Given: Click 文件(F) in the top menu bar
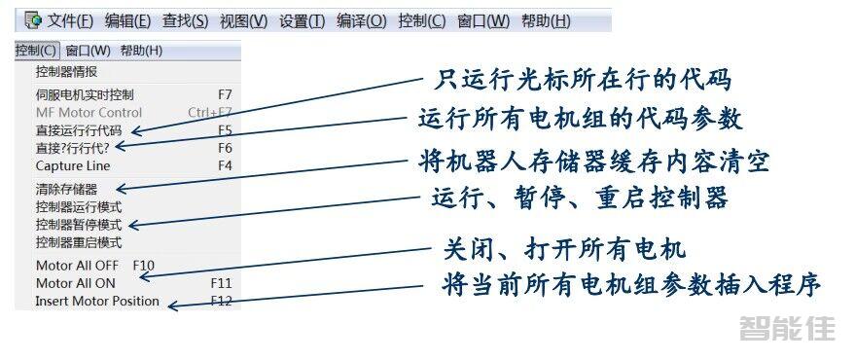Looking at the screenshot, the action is tap(71, 20).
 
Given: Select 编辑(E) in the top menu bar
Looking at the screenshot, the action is tap(127, 20).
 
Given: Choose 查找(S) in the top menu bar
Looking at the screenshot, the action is tap(186, 20).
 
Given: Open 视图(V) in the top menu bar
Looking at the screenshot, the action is tap(244, 20).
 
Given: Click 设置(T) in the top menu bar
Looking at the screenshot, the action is tap(302, 20).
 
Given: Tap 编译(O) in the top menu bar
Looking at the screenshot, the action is tap(362, 20).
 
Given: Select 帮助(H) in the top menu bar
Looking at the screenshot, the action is tap(546, 20).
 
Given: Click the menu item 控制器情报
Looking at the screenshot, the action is tap(66, 71).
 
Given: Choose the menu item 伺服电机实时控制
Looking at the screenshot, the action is tap(85, 94).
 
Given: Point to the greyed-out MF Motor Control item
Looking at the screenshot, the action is tap(89, 112).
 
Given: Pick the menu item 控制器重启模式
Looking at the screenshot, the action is tap(79, 241).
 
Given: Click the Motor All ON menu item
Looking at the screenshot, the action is tap(75, 283).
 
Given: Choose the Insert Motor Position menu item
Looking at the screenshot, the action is tap(97, 301).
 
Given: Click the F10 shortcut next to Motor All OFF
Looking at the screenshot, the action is tap(144, 265).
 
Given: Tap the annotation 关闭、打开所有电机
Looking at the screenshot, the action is tap(565, 249).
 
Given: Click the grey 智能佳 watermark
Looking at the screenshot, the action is tap(787, 329).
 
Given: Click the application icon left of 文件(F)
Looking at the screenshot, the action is tap(33, 19).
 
